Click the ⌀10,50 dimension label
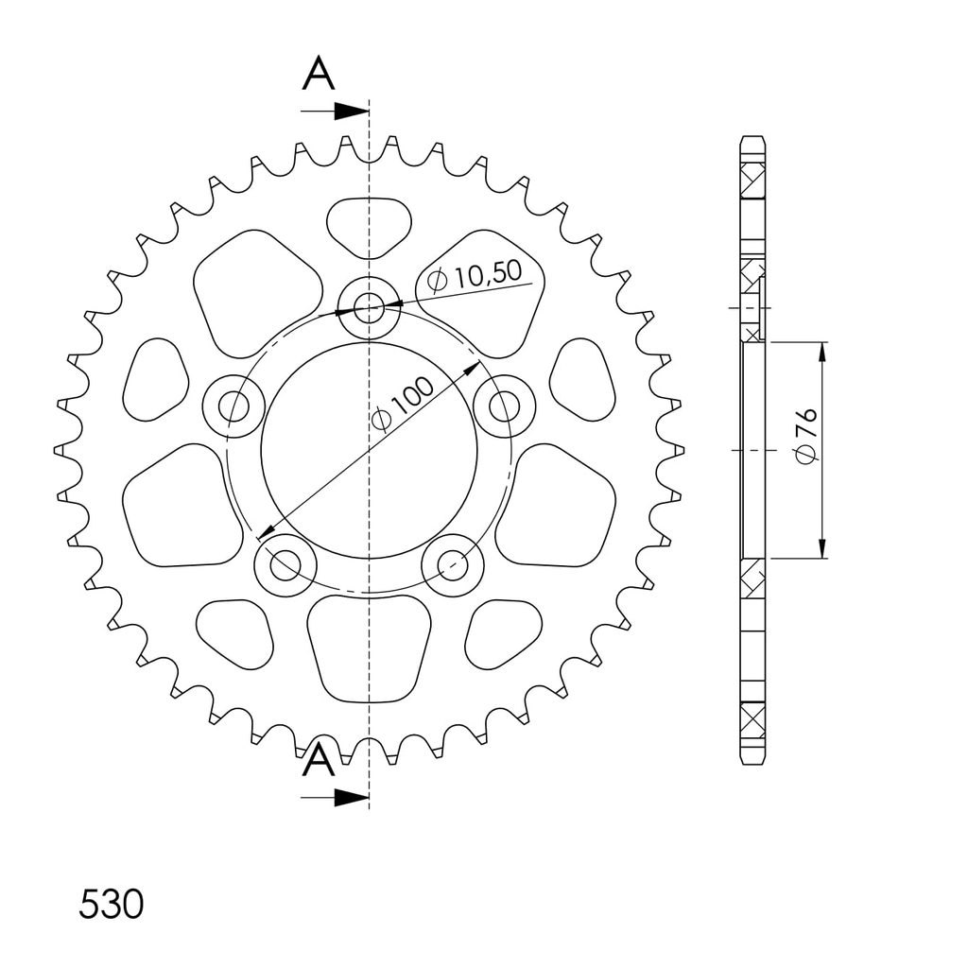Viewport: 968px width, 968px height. click(x=475, y=275)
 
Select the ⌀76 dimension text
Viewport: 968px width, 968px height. click(x=807, y=435)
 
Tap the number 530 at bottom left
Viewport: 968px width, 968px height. click(x=112, y=905)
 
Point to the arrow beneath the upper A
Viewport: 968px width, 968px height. click(x=335, y=112)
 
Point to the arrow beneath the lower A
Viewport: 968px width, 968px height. click(x=335, y=797)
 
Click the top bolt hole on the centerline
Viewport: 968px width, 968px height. click(x=370, y=307)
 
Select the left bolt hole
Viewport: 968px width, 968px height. click(x=234, y=406)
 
